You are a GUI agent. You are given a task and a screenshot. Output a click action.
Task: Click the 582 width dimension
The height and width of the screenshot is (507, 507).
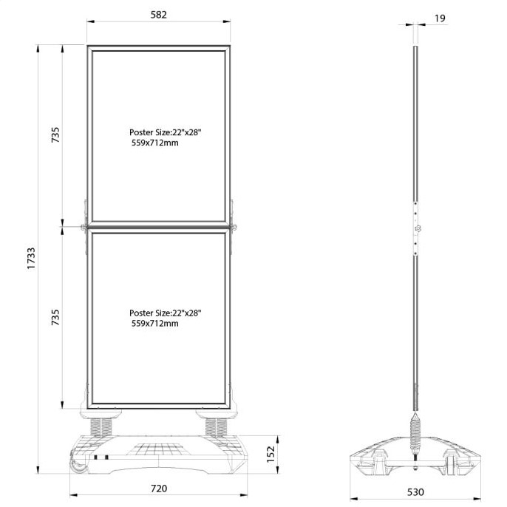tap(158, 15)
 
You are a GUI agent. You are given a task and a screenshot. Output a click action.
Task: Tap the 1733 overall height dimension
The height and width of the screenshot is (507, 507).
tap(31, 259)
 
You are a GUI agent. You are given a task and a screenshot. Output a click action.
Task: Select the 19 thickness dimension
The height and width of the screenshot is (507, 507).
tap(440, 18)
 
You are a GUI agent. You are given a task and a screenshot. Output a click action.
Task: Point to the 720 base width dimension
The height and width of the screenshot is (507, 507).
tap(159, 489)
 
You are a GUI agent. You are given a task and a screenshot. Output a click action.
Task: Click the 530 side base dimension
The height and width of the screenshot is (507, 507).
tap(415, 492)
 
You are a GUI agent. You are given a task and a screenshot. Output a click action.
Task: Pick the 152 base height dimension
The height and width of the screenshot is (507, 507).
tap(270, 455)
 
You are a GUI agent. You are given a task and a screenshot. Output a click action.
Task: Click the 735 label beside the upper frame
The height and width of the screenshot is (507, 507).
tap(55, 135)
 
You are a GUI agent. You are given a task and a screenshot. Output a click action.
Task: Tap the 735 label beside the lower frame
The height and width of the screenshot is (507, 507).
tap(55, 317)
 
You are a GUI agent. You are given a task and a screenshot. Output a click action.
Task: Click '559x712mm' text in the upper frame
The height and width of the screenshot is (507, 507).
tap(155, 143)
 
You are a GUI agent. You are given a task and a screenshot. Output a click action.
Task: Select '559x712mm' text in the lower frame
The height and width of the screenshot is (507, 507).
tap(155, 324)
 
